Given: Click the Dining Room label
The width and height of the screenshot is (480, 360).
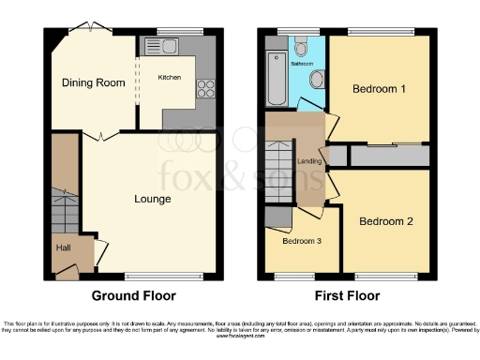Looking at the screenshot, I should pyautogui.click(x=93, y=83).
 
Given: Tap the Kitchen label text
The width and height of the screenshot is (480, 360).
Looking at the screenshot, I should pyautogui.click(x=169, y=77).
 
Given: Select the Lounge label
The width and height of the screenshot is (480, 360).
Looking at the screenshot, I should pyautogui.click(x=151, y=199).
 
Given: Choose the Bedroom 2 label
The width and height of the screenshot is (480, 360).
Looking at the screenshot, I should pyautogui.click(x=385, y=222).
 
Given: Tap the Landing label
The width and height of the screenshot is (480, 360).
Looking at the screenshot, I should pyautogui.click(x=310, y=161).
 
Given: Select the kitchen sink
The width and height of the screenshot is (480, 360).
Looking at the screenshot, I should pyautogui.click(x=156, y=46).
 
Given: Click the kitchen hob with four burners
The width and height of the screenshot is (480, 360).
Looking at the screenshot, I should pyautogui.click(x=205, y=90).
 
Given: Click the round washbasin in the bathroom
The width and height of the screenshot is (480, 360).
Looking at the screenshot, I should pyautogui.click(x=316, y=80).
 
